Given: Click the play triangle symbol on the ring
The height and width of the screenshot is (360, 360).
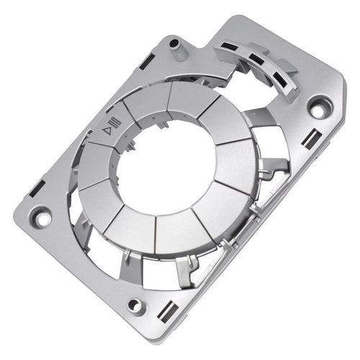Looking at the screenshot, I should click(x=107, y=130).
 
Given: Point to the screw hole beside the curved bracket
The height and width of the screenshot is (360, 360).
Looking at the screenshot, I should click(x=318, y=108).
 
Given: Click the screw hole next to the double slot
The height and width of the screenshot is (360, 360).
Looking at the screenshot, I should click(x=135, y=305).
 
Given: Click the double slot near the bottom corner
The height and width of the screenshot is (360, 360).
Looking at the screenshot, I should click(x=167, y=312).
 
